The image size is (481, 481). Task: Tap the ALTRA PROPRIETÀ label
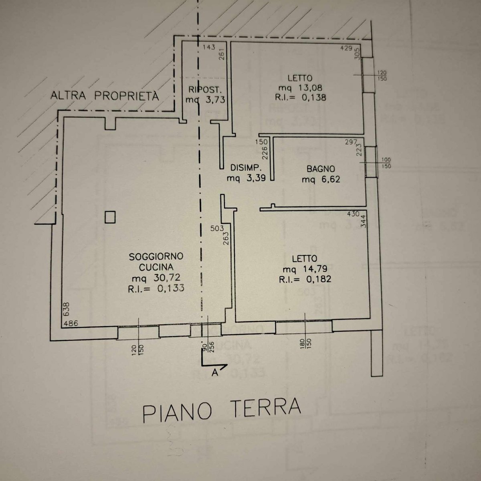point(105,96)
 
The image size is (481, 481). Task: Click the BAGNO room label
point(321,169)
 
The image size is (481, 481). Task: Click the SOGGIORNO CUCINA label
point(156,262)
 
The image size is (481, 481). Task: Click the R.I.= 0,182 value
point(305,279)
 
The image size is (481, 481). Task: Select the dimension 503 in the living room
point(217,228)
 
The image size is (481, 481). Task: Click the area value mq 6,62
point(321,180)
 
